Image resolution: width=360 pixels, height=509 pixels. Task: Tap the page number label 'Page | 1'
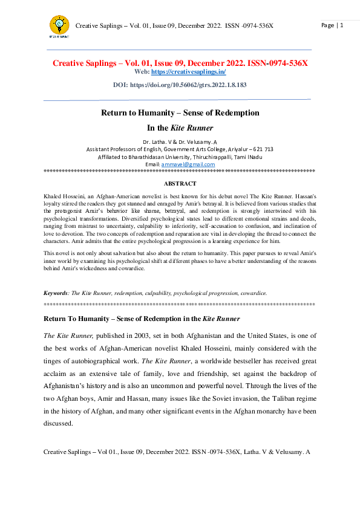[x=332, y=25]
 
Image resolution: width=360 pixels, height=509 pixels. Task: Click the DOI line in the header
[x=180, y=85]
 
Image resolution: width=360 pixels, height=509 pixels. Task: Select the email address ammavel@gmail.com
[x=180, y=164]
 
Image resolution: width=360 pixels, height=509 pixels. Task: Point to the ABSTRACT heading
[x=180, y=183]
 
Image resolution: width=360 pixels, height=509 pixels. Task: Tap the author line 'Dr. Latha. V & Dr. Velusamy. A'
[x=180, y=141]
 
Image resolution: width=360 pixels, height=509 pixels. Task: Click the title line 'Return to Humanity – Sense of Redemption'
[x=180, y=112]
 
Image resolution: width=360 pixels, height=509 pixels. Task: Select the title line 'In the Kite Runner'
[x=180, y=128]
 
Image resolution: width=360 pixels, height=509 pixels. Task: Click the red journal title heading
[x=180, y=63]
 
